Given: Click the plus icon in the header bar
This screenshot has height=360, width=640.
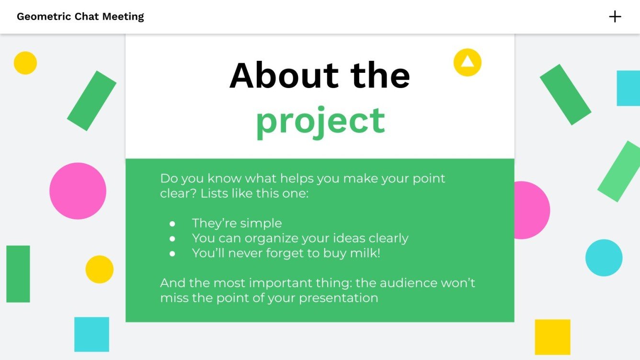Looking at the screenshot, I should click(x=615, y=17).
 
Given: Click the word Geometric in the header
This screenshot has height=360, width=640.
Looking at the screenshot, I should click(x=44, y=17).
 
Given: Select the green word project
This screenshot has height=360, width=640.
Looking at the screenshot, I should click(x=320, y=121).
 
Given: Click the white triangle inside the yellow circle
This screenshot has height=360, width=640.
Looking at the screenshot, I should click(x=467, y=62).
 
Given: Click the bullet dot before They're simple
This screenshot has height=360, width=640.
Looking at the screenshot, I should click(x=172, y=224).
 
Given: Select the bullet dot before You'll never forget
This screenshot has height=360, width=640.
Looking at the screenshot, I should click(x=172, y=253).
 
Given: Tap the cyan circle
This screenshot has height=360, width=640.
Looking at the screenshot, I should click(x=604, y=258).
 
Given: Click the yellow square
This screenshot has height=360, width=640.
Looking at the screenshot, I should click(x=552, y=337).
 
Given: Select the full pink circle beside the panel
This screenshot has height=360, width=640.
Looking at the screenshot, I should click(x=78, y=191).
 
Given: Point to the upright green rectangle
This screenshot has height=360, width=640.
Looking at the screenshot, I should click(x=18, y=274).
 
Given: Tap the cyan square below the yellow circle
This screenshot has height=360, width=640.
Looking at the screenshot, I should click(x=91, y=334).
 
